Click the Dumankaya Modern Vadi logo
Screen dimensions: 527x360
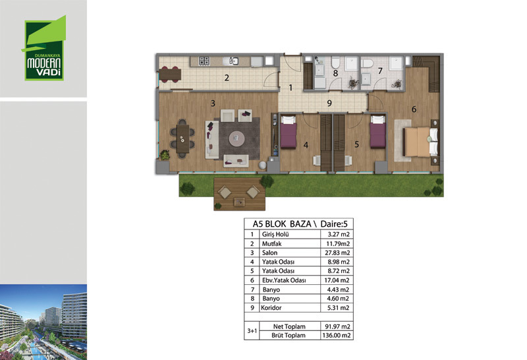44,47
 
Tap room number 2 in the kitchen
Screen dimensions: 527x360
227,78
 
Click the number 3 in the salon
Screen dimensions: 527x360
213,104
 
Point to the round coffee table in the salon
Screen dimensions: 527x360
237,138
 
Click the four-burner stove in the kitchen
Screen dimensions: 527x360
204,61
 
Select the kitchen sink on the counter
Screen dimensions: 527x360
234,61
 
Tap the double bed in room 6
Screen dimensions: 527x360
420,142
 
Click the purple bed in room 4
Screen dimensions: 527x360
288,132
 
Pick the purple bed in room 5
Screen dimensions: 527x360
377,132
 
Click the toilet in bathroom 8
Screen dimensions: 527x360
336,63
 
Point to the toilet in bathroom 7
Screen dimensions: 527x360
367,63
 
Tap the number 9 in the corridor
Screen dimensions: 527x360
329,104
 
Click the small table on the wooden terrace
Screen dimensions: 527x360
239,202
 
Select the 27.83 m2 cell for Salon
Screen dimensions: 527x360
337,253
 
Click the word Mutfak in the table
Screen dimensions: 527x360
271,243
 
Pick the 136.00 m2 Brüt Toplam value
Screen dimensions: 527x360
337,335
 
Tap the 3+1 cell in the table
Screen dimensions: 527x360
252,331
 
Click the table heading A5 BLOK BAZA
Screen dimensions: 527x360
282,224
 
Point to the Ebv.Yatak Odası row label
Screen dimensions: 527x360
284,280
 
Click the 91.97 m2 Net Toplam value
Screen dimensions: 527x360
337,326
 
